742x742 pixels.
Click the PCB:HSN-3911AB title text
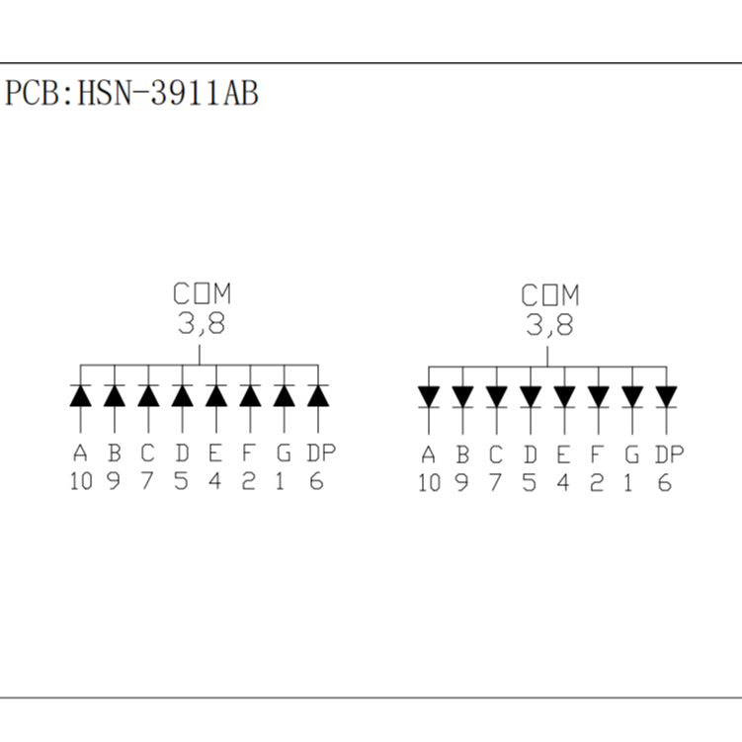132,94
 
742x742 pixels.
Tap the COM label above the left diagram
202,293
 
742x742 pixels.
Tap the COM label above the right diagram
550,294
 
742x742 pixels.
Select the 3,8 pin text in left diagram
201,324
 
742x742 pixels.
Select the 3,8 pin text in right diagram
549,325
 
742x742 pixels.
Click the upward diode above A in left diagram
81,395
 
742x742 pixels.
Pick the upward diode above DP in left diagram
317,395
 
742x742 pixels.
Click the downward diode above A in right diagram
429,396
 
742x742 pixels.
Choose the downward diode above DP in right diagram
666,396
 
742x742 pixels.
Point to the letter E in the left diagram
214,454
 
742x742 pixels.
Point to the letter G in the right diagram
630,455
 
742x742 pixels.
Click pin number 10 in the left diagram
81,482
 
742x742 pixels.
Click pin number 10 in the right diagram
429,483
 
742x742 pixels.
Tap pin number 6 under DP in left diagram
317,482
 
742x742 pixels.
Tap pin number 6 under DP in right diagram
665,483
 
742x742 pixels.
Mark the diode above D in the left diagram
182,395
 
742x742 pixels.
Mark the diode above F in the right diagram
599,396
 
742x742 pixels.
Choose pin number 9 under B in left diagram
115,482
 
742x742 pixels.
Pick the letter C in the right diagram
496,455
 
